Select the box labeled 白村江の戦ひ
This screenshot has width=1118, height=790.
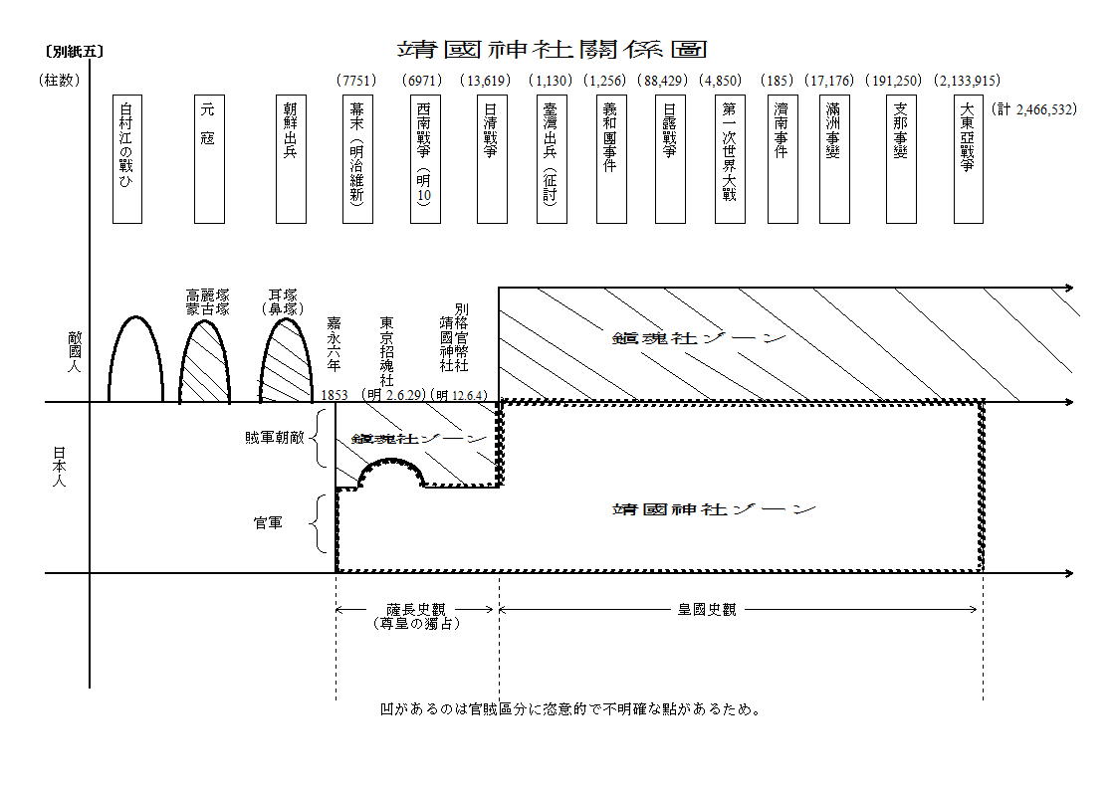point(126,159)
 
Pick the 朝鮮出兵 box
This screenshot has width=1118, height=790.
point(290,159)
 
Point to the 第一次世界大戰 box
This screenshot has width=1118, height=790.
point(730,159)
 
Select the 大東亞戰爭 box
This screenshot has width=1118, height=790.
point(968,159)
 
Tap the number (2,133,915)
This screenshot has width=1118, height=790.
point(968,81)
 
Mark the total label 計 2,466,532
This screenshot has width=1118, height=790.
point(1035,108)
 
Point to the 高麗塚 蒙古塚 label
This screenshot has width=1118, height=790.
point(207,301)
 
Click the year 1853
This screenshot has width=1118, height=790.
point(335,395)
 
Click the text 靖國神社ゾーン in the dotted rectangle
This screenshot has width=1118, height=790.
point(715,509)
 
